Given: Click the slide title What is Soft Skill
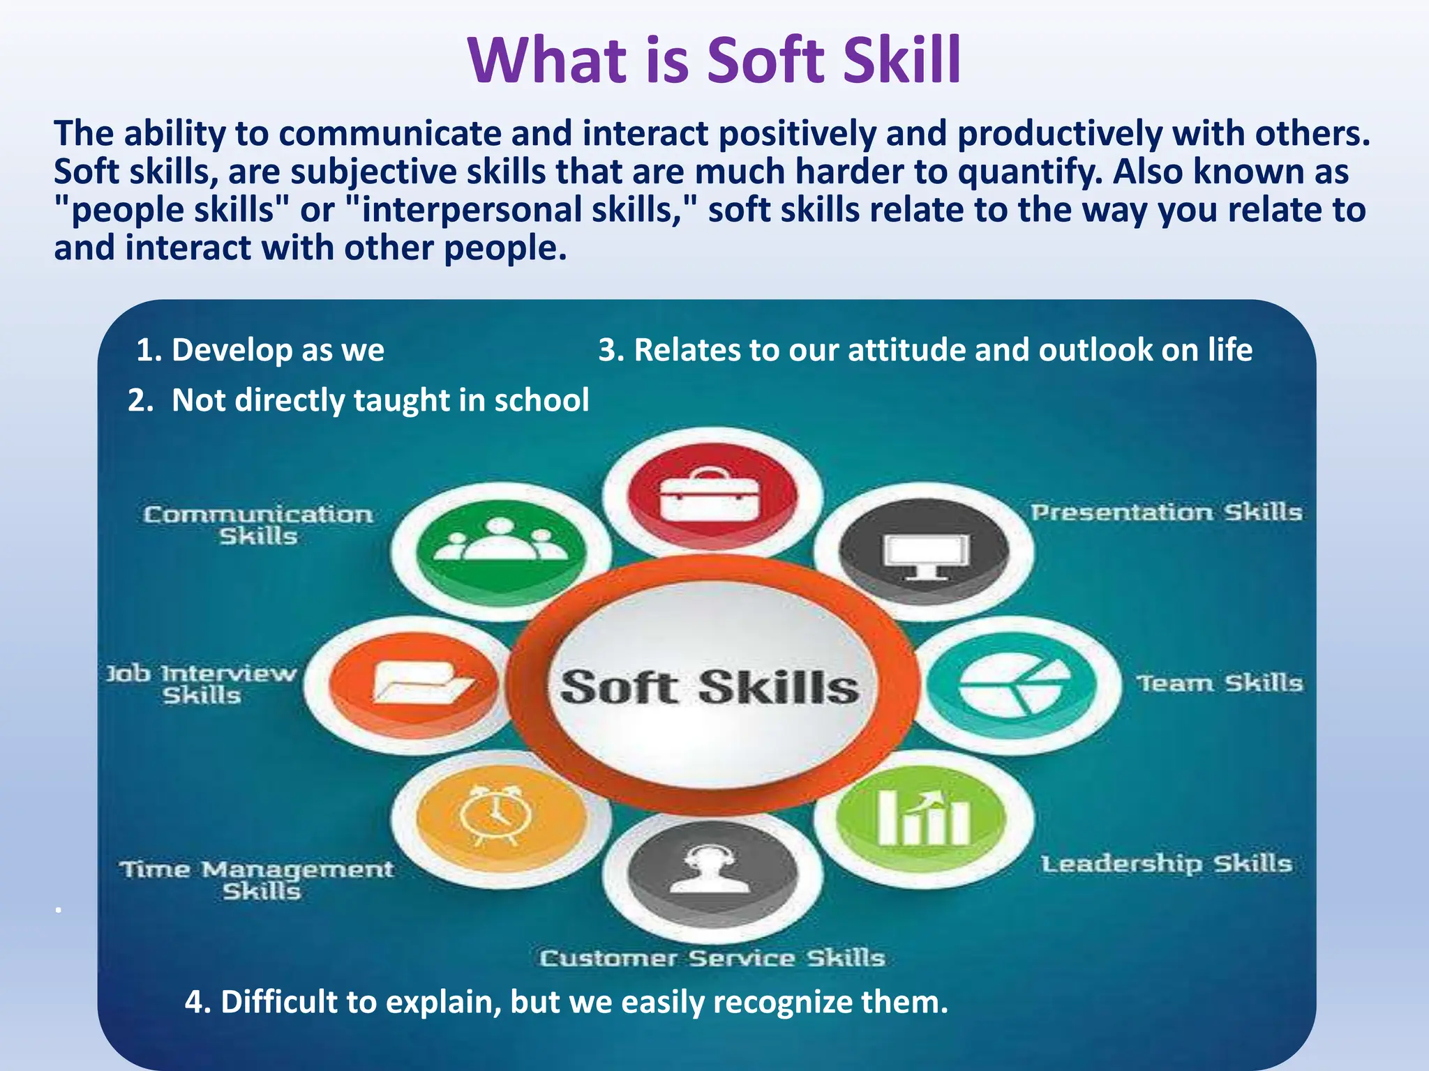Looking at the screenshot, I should (x=714, y=61).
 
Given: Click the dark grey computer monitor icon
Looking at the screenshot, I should (x=925, y=552).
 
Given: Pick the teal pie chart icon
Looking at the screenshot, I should (x=1013, y=685).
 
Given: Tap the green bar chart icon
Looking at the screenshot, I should (x=922, y=818).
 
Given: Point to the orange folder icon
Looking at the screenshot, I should (x=416, y=683).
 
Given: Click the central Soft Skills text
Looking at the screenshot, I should (x=710, y=688).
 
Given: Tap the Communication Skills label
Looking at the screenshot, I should (x=258, y=525).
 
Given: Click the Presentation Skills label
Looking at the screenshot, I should (x=1166, y=512).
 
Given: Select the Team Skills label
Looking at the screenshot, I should (x=1220, y=683).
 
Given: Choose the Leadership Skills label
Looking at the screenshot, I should (x=1166, y=864).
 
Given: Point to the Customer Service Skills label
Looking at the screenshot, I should (x=712, y=958).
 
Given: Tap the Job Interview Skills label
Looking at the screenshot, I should (x=202, y=684).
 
